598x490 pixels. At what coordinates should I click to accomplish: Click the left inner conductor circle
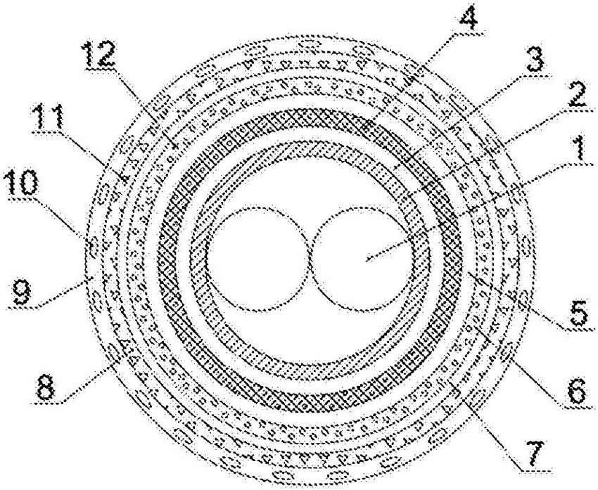tap(254, 257)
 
